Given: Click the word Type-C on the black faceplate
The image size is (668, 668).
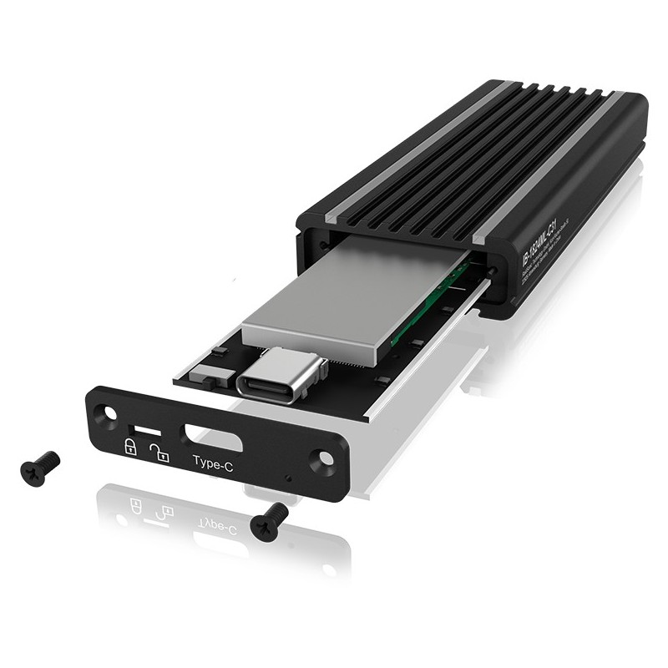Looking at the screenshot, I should [212, 462].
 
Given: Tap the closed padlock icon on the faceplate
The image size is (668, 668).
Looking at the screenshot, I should [131, 446].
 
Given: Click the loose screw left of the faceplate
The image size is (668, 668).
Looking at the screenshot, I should [39, 464].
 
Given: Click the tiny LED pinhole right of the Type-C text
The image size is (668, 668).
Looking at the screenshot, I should [287, 479].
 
